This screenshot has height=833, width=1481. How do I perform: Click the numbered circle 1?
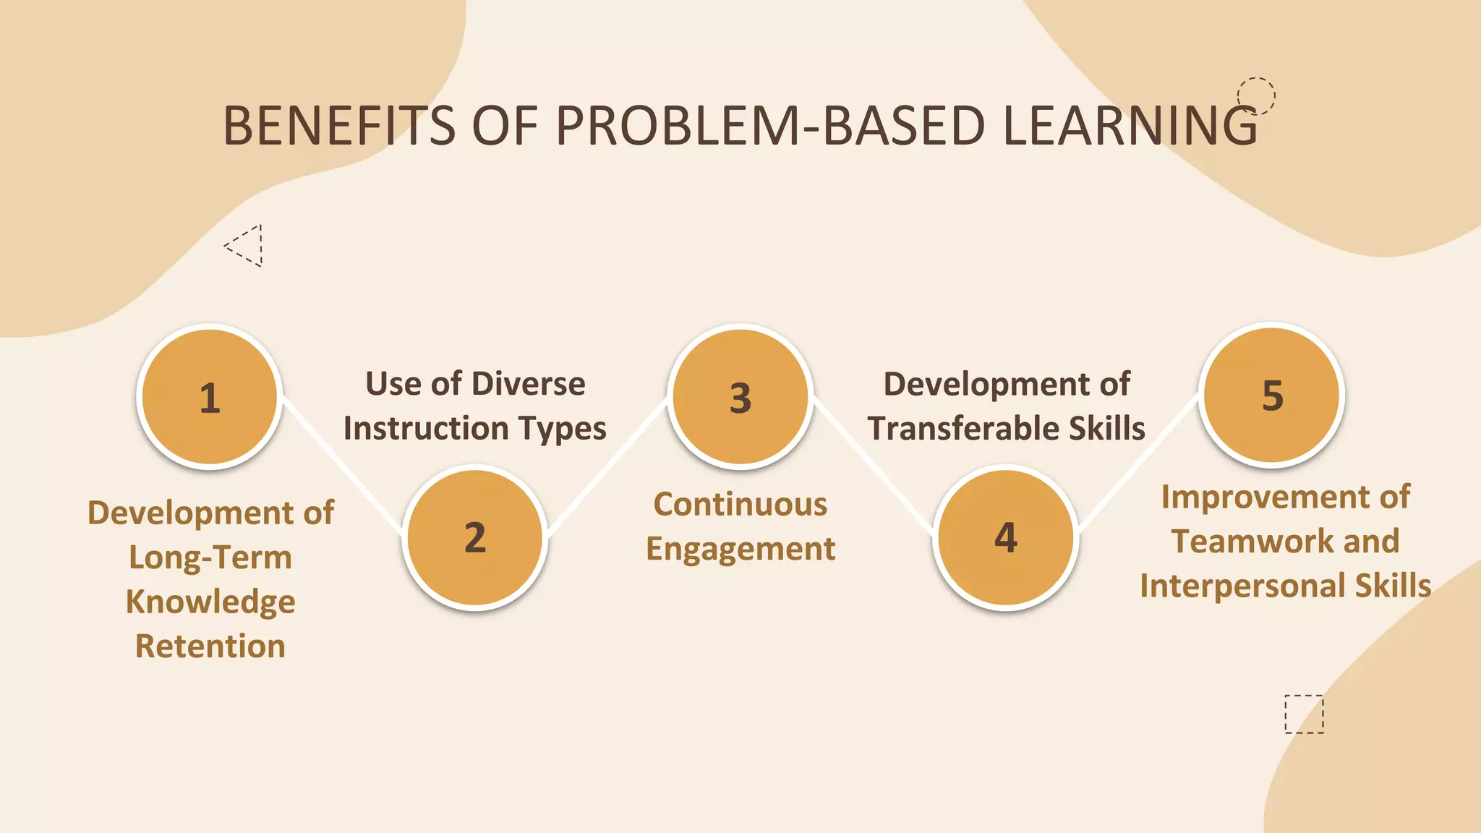click(x=210, y=396)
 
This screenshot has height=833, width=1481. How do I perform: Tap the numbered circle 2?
click(x=475, y=537)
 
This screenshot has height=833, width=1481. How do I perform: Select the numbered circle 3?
click(x=740, y=396)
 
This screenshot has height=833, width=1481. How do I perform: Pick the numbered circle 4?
click(x=1006, y=537)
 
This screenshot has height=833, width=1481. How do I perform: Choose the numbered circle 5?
click(x=1272, y=395)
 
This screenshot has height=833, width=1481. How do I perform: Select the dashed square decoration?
click(x=1304, y=714)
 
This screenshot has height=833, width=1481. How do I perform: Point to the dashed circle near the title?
click(x=1256, y=95)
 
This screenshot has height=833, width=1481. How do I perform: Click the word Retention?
click(x=210, y=646)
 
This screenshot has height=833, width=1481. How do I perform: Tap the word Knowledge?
click(x=210, y=602)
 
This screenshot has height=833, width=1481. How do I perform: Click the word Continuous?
click(x=740, y=504)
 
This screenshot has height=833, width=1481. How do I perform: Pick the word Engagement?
click(x=740, y=549)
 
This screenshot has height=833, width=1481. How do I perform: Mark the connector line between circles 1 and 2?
click(x=342, y=466)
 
